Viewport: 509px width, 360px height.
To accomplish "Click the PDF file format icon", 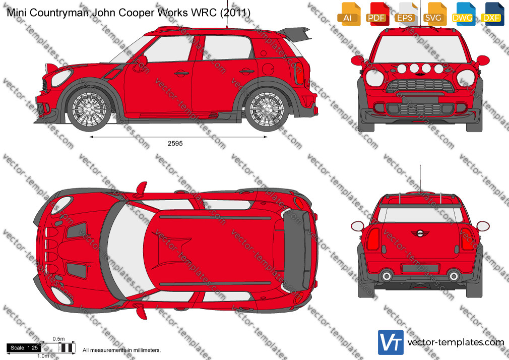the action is coord(377,14).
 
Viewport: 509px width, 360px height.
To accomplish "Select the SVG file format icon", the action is coord(434,14).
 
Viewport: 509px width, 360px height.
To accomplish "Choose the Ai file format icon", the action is coord(349,14).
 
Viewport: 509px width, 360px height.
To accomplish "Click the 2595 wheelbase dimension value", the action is coord(175,143).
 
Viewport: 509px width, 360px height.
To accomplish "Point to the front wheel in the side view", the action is coord(89,109).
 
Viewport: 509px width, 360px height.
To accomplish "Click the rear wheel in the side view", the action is coord(267,109).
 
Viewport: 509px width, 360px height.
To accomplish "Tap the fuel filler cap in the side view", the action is coord(268,69).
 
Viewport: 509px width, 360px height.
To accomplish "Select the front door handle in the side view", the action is coord(181,74).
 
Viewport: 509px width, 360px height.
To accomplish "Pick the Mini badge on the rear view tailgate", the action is coord(420,233).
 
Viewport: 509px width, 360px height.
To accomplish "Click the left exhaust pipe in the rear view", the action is coord(387,276).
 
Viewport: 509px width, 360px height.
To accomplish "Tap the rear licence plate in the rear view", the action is coord(420,269).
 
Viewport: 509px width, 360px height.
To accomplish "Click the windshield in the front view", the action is coord(420,49).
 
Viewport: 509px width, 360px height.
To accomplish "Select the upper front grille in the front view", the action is coord(420,86).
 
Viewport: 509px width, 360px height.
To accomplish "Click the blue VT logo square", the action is coord(391,342).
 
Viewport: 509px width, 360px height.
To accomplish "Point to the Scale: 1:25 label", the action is coord(24,348).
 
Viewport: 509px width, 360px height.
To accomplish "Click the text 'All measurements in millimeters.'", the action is coord(121,350).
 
